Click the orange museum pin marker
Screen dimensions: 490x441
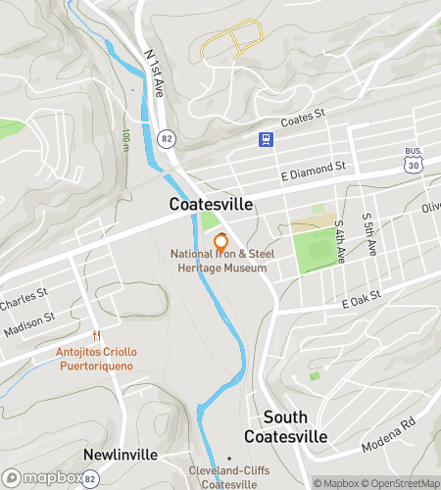221,241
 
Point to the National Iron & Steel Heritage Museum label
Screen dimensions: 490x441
220,262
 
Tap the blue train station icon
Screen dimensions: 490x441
264,139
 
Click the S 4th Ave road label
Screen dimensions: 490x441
340,241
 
